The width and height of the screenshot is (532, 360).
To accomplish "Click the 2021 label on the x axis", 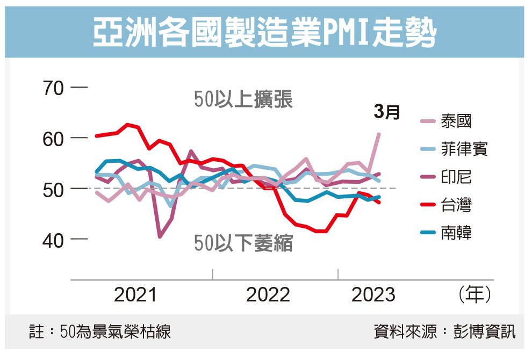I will [135, 294].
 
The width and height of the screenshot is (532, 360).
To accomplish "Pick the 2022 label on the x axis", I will [268, 294].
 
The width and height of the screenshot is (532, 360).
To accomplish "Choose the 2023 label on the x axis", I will [373, 294].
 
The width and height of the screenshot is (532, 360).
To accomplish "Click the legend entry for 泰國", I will [456, 121].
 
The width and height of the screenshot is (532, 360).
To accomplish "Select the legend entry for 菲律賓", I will [463, 149].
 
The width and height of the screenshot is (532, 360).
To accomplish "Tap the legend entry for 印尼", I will [456, 177].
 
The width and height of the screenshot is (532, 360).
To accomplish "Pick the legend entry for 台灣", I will [456, 205].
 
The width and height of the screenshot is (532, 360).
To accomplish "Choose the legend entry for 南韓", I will [456, 233].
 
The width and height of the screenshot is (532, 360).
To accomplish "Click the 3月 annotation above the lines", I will [387, 112].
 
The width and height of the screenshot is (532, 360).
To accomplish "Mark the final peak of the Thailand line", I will [379, 134].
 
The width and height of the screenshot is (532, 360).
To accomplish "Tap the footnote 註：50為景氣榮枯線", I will [100, 332].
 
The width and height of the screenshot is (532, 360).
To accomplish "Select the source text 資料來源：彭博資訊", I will [444, 332].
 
